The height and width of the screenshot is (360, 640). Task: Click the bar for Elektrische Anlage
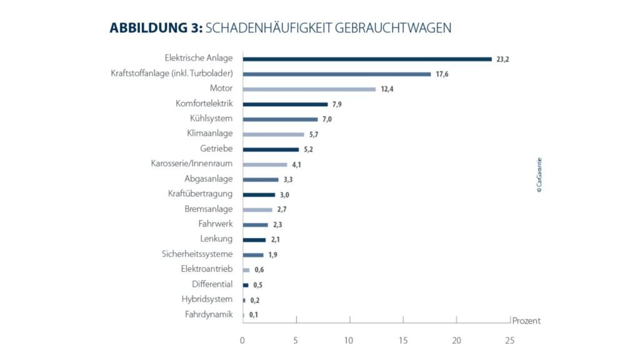pos(367,59)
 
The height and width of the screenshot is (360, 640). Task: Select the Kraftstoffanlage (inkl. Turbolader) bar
pos(337,74)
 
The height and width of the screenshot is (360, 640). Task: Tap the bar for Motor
pos(309,89)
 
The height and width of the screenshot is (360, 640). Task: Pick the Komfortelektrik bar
pos(285,104)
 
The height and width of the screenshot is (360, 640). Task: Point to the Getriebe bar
pos(271,149)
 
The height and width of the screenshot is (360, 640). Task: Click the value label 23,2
pos(503,59)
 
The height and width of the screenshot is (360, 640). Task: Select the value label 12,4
pos(388,89)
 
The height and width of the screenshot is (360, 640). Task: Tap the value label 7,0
pos(327,119)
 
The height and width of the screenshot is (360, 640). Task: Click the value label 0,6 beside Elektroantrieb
pos(259,270)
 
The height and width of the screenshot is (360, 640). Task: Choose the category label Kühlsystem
pos(211,119)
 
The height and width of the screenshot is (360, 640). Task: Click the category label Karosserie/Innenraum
pos(192,164)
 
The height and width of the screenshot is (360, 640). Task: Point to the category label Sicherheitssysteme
pos(197,254)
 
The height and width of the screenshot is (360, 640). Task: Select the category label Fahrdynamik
pos(209,314)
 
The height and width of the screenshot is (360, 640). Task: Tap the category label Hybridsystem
pos(207,299)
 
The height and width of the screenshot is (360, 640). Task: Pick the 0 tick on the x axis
pos(242,341)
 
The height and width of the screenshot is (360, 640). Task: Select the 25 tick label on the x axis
pos(509,341)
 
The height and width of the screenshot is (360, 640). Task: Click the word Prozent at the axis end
pos(526,321)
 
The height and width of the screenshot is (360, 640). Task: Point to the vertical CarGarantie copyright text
pos(539,175)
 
